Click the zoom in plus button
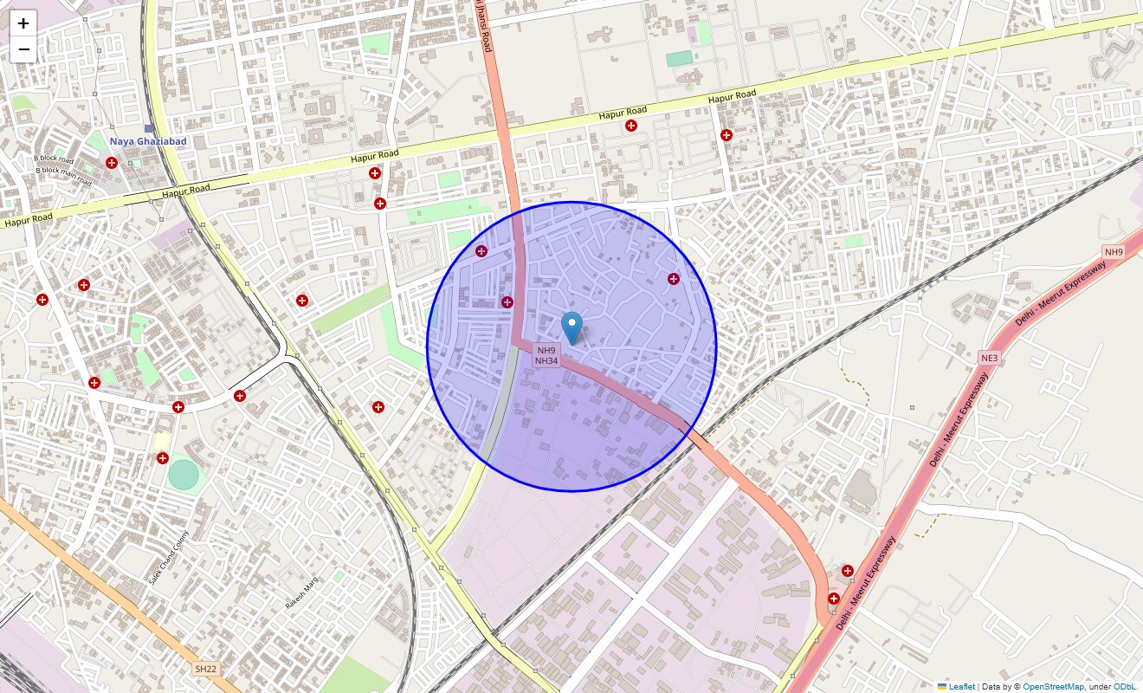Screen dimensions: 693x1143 23,23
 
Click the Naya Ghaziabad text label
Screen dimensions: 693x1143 147,141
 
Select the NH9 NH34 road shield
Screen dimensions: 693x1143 546,355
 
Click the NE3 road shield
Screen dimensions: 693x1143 989,358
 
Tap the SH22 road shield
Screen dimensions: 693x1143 205,669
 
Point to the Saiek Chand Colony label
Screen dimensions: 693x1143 168,556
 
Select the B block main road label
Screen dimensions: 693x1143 63,177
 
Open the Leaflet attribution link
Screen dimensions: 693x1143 961,686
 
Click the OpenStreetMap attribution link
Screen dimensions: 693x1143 1053,686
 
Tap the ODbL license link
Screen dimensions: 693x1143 1125,686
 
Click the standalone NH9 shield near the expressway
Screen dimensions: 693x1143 1113,252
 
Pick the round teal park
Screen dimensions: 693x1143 184,474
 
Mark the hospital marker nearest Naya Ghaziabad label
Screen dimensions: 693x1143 112,163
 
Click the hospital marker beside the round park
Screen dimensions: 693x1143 162,457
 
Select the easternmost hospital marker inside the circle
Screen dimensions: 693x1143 674,278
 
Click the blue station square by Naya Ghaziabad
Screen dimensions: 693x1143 149,128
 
